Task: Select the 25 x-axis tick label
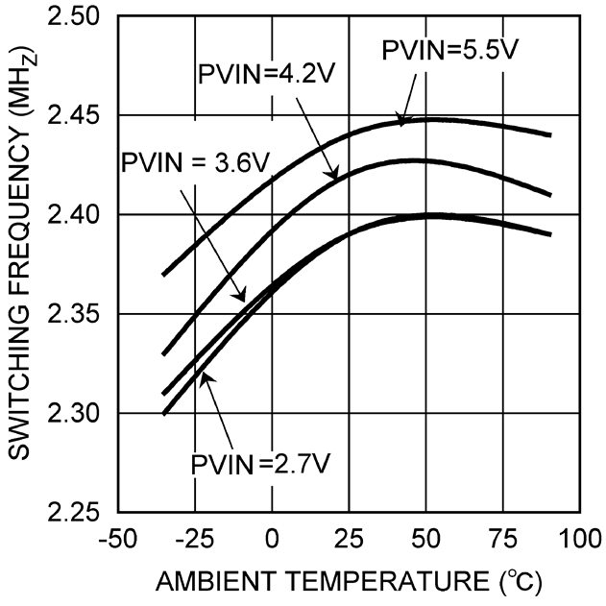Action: point(349,536)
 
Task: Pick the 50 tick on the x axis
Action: point(426,536)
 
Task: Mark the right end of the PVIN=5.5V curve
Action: point(550,134)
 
